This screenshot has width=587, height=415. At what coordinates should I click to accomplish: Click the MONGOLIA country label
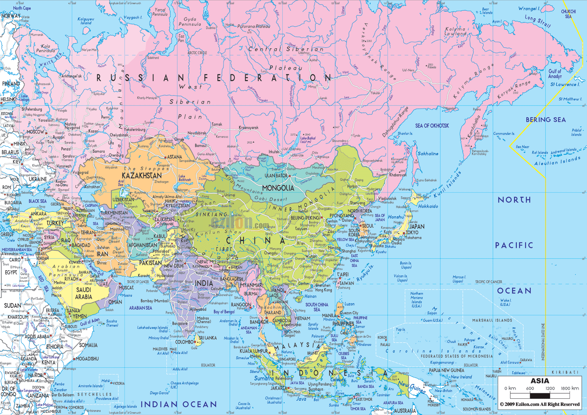pyautogui.click(x=278, y=188)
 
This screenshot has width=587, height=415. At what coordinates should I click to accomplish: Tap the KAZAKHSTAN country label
pyautogui.click(x=142, y=175)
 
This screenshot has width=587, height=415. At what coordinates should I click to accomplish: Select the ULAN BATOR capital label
pyautogui.click(x=276, y=176)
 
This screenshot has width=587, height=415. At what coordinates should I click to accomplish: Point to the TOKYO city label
pyautogui.click(x=412, y=232)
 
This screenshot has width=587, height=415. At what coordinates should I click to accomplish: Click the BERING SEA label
pyautogui.click(x=546, y=120)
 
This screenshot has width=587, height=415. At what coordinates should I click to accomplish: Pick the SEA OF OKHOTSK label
pyautogui.click(x=432, y=126)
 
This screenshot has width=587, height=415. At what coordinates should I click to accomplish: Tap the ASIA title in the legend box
pyautogui.click(x=540, y=381)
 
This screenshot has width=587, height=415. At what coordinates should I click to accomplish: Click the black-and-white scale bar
pyautogui.click(x=540, y=396)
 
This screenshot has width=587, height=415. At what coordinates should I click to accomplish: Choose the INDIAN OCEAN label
pyautogui.click(x=179, y=404)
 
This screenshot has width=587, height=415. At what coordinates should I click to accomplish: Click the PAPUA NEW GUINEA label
pyautogui.click(x=446, y=370)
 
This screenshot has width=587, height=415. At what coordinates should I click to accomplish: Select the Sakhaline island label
pyautogui.click(x=428, y=154)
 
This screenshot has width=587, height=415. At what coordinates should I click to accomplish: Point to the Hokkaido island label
pyautogui.click(x=428, y=206)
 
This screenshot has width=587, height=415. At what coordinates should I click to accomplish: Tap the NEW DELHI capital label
pyautogui.click(x=174, y=266)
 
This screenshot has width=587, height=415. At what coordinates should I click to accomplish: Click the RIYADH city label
pyautogui.click(x=71, y=279)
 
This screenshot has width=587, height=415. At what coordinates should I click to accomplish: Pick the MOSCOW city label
pyautogui.click(x=35, y=132)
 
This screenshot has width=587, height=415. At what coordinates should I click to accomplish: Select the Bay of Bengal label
pyautogui.click(x=224, y=311)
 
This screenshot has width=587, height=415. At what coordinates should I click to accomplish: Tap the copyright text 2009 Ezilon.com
pyautogui.click(x=540, y=404)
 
